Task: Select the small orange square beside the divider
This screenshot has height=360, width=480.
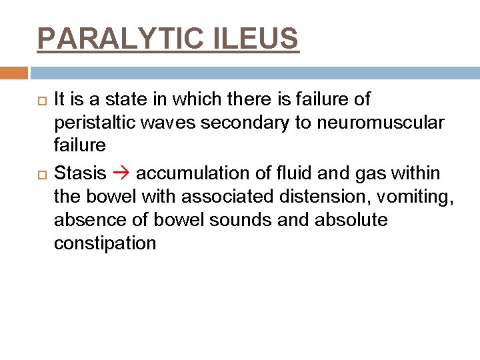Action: point(14,72)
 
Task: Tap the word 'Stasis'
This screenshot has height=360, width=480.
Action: point(79,173)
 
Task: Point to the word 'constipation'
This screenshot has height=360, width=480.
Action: point(105,243)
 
